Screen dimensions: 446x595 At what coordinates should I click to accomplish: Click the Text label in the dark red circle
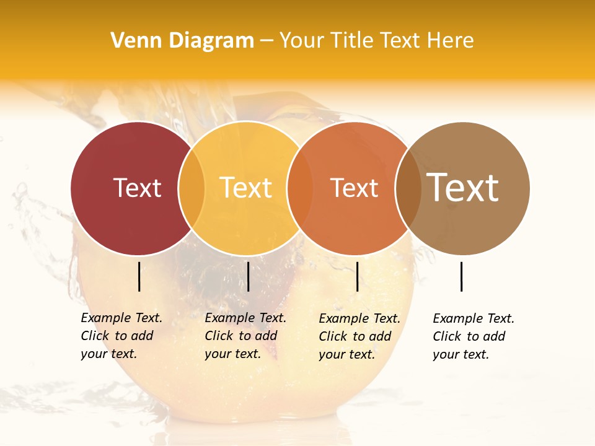pyautogui.click(x=137, y=188)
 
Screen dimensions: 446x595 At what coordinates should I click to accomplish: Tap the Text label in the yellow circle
pyautogui.click(x=246, y=188)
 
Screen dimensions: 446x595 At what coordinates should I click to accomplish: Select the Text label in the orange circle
pyautogui.click(x=354, y=188)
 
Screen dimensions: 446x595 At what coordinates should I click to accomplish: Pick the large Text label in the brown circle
pyautogui.click(x=463, y=188)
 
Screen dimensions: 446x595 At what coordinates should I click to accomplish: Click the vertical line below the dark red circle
pyautogui.click(x=139, y=276)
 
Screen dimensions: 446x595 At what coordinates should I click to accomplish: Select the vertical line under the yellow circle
pyautogui.click(x=248, y=276)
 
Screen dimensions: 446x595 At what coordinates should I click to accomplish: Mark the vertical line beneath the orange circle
pyautogui.click(x=357, y=276)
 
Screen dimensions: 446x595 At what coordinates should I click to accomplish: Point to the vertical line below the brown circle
pyautogui.click(x=462, y=276)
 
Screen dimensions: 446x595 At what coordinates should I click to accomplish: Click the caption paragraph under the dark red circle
pyautogui.click(x=121, y=336)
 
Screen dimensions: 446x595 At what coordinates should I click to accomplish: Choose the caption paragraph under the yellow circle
pyautogui.click(x=245, y=336)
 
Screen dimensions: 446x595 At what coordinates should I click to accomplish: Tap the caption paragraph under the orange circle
pyautogui.click(x=359, y=336)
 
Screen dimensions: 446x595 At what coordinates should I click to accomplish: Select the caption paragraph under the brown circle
pyautogui.click(x=473, y=336)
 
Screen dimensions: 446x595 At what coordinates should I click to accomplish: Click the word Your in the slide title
pyautogui.click(x=301, y=40)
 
